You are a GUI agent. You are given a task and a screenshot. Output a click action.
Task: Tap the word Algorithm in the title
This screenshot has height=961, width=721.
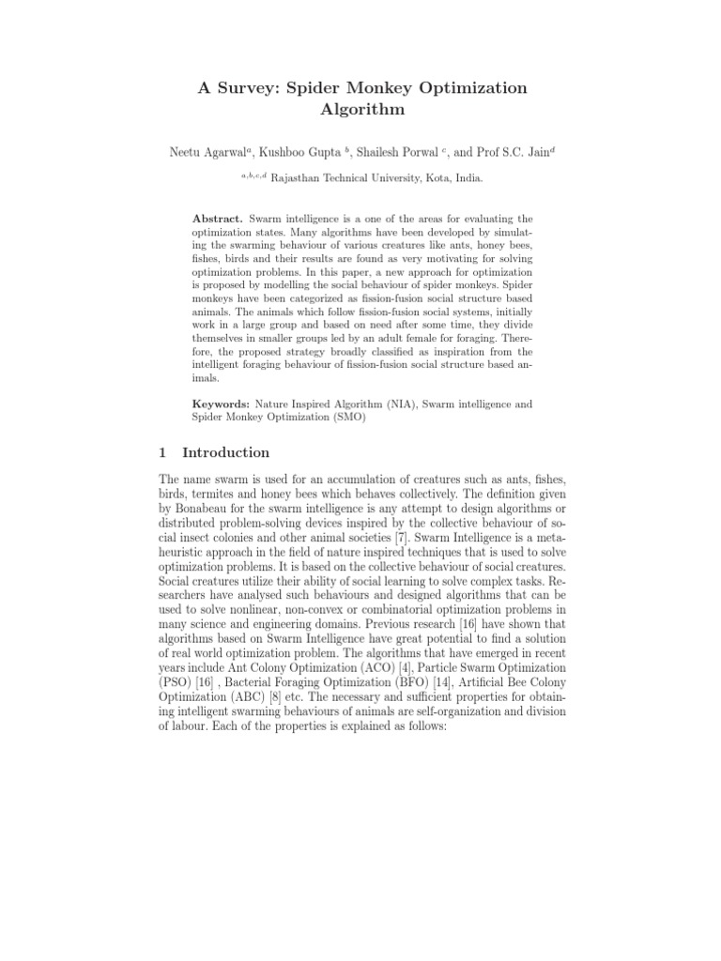point(360,110)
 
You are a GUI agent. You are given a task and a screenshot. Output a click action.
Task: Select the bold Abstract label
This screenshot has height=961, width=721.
point(217,218)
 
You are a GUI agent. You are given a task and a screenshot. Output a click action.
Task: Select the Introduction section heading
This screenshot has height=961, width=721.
point(225,452)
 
